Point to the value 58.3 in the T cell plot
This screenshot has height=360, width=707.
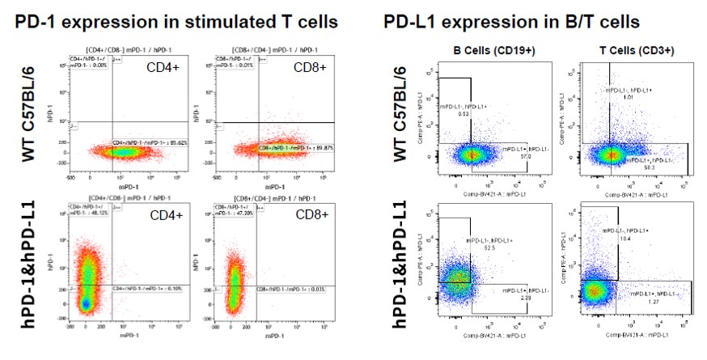point(652,167)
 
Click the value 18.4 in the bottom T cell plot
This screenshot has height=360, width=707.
point(625,239)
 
